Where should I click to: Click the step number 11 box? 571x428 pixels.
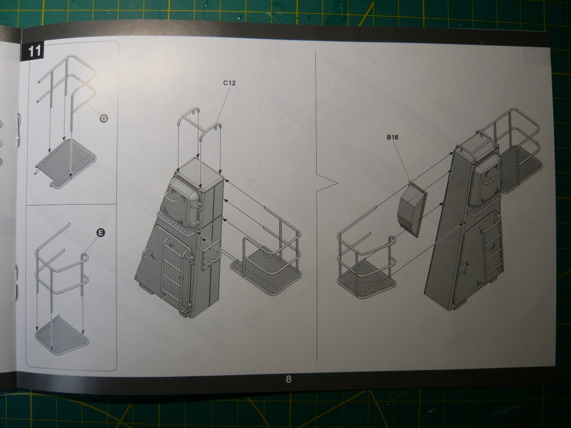click(x=32, y=50)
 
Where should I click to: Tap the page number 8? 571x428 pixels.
click(x=288, y=379)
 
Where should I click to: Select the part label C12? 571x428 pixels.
click(x=229, y=83)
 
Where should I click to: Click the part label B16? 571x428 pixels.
click(x=393, y=137)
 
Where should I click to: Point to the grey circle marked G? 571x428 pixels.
click(x=104, y=118)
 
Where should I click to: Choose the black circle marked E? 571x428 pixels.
click(x=100, y=232)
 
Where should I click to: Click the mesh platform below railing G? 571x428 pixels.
click(x=66, y=163)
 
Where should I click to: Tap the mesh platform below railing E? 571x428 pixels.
click(x=62, y=335)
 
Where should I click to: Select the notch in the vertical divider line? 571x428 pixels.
click(x=327, y=183)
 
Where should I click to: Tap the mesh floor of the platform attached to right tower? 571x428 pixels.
click(x=519, y=169)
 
